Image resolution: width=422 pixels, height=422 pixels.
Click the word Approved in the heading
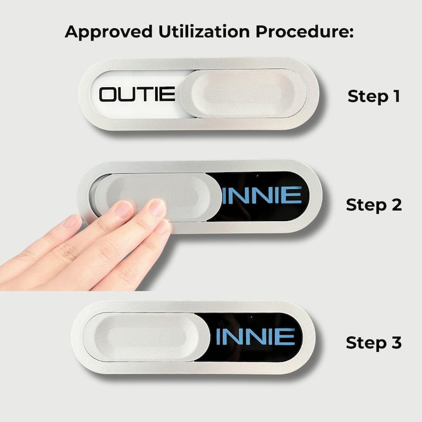(109, 32)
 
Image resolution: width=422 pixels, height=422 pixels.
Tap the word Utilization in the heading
(204, 31)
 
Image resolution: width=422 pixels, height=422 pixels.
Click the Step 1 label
(374, 96)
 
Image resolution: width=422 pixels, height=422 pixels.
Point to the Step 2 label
(374, 205)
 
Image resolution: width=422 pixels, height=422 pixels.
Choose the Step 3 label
(374, 343)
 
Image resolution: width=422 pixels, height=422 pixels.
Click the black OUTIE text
(137, 94)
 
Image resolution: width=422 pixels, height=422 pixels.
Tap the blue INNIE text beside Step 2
(262, 195)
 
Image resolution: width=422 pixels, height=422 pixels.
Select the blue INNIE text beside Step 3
(256, 336)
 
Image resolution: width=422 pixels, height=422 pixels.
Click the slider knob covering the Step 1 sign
(243, 94)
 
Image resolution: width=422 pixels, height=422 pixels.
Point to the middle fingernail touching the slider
(124, 209)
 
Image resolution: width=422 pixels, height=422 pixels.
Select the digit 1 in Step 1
(396, 96)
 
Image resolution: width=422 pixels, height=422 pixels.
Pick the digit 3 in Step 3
(396, 342)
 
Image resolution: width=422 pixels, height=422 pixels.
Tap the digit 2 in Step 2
(396, 205)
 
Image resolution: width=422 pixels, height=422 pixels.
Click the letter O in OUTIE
(107, 95)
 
